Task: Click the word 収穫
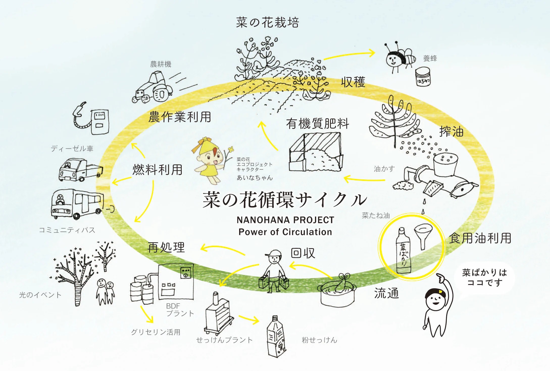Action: point(353,82)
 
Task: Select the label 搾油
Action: point(451,131)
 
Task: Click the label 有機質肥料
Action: point(317,124)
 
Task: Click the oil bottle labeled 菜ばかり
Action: point(403,251)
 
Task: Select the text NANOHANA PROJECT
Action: point(285,220)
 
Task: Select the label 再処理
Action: point(166,247)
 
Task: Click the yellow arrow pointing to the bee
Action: point(350,55)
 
